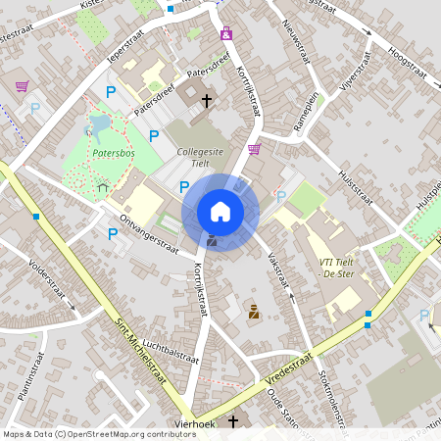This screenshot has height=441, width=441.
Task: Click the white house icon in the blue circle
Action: pos(220,212)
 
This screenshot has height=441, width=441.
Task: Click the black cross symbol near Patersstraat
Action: pos(207,99)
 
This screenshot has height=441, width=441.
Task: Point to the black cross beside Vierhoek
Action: pos(233,421)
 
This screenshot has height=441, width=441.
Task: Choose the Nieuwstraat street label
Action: pos(295,37)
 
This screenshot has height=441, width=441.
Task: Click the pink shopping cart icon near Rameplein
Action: pos(255,149)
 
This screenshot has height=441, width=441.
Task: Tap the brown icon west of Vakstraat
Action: pos(254,312)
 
